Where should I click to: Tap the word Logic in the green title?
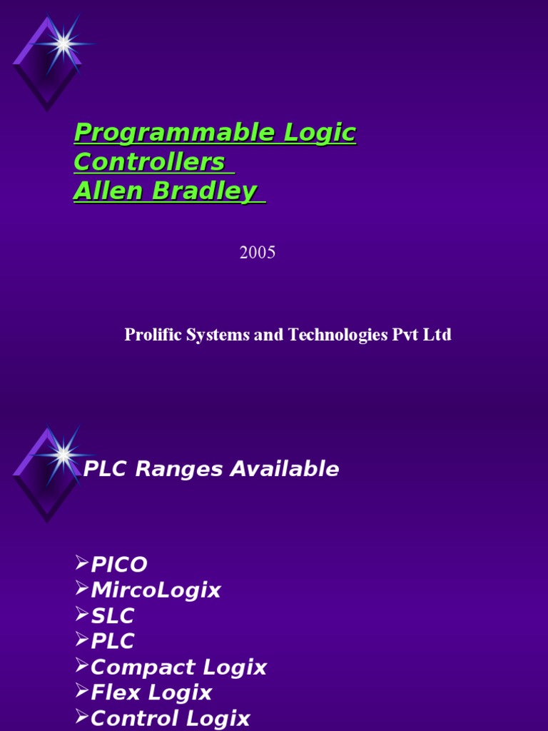point(320,133)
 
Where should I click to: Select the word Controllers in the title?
point(149,162)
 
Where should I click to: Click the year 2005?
point(258,253)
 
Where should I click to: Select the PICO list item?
point(119,565)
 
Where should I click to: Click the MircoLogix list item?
point(156,590)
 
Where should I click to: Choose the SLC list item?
point(113,616)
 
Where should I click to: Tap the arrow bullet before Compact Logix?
point(81,667)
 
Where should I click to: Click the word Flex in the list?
point(114,692)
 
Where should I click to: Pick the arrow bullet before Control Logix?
point(81,717)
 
